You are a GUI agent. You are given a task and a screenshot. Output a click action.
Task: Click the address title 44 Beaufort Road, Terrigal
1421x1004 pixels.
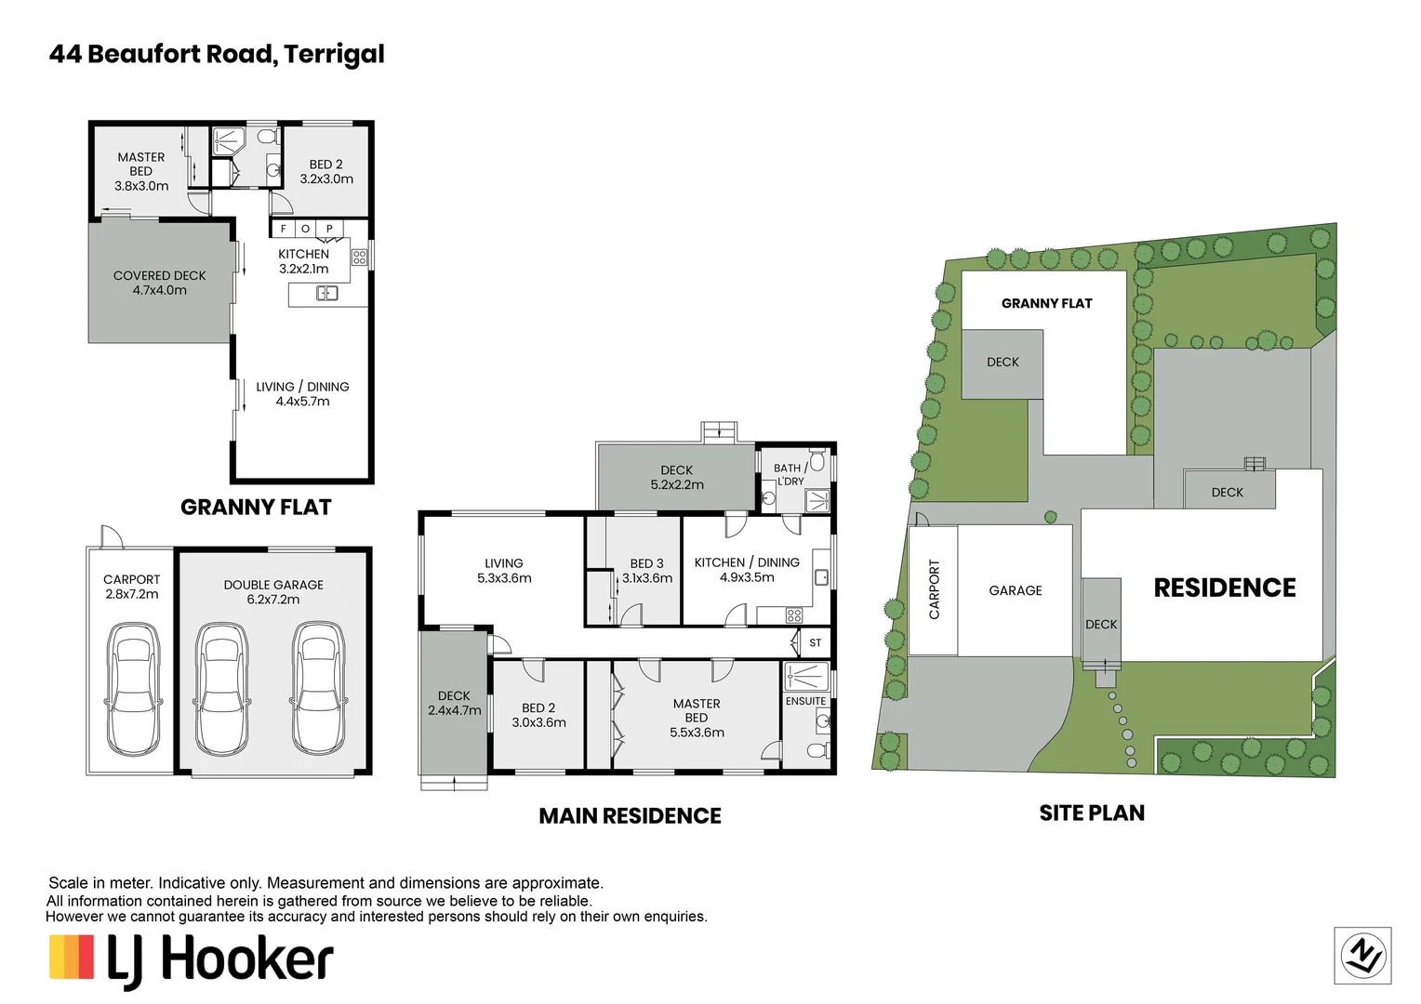[x=216, y=54]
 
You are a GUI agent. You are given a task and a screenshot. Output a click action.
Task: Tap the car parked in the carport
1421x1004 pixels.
[x=132, y=688]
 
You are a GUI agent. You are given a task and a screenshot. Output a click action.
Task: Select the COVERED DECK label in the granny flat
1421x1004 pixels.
[x=159, y=275]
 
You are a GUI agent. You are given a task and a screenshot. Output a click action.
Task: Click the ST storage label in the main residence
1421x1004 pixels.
[x=815, y=643]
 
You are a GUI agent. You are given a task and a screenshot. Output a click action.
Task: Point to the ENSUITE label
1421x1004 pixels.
[x=805, y=701]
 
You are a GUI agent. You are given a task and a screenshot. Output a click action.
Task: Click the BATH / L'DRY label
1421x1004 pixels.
[x=790, y=474]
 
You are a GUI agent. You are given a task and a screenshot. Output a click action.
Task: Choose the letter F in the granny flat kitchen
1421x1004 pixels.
[x=283, y=229]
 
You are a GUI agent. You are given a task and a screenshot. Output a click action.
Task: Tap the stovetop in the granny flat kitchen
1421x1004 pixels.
[x=359, y=257]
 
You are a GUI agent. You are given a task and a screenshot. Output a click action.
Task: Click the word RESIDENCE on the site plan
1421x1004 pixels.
[x=1224, y=588]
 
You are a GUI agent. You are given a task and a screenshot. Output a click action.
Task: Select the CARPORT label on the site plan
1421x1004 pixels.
[x=934, y=589]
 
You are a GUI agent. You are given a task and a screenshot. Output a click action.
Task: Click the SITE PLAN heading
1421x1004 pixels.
[x=1091, y=813]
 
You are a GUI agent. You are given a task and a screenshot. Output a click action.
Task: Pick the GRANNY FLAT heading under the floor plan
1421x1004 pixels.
[x=256, y=508]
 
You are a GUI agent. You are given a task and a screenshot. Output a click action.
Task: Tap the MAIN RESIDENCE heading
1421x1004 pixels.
[x=630, y=816]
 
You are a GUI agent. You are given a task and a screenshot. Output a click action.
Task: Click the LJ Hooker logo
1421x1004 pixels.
[x=192, y=959]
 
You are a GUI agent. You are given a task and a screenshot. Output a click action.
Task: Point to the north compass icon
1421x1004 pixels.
[x=1362, y=956]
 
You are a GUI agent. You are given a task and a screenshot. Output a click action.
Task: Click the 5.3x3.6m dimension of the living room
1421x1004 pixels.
[x=504, y=578]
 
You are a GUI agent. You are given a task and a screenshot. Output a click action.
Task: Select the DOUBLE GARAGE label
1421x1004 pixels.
[x=273, y=585]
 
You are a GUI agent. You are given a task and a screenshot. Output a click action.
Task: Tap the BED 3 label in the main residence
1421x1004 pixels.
[x=646, y=563]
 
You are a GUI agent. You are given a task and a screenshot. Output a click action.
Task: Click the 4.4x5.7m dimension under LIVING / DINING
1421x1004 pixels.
[x=302, y=402]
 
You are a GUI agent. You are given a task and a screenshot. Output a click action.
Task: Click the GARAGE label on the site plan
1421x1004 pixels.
[x=1015, y=590]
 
